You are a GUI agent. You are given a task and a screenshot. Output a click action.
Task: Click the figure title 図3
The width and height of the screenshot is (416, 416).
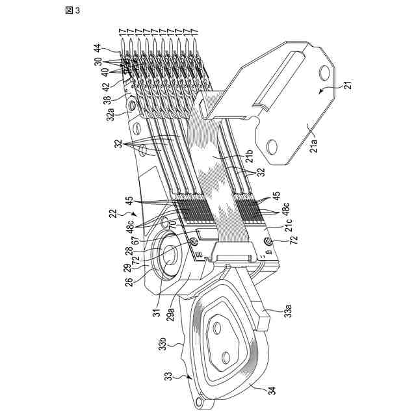(x=72, y=10)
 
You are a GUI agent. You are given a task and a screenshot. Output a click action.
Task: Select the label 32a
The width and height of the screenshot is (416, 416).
(x=110, y=116)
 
